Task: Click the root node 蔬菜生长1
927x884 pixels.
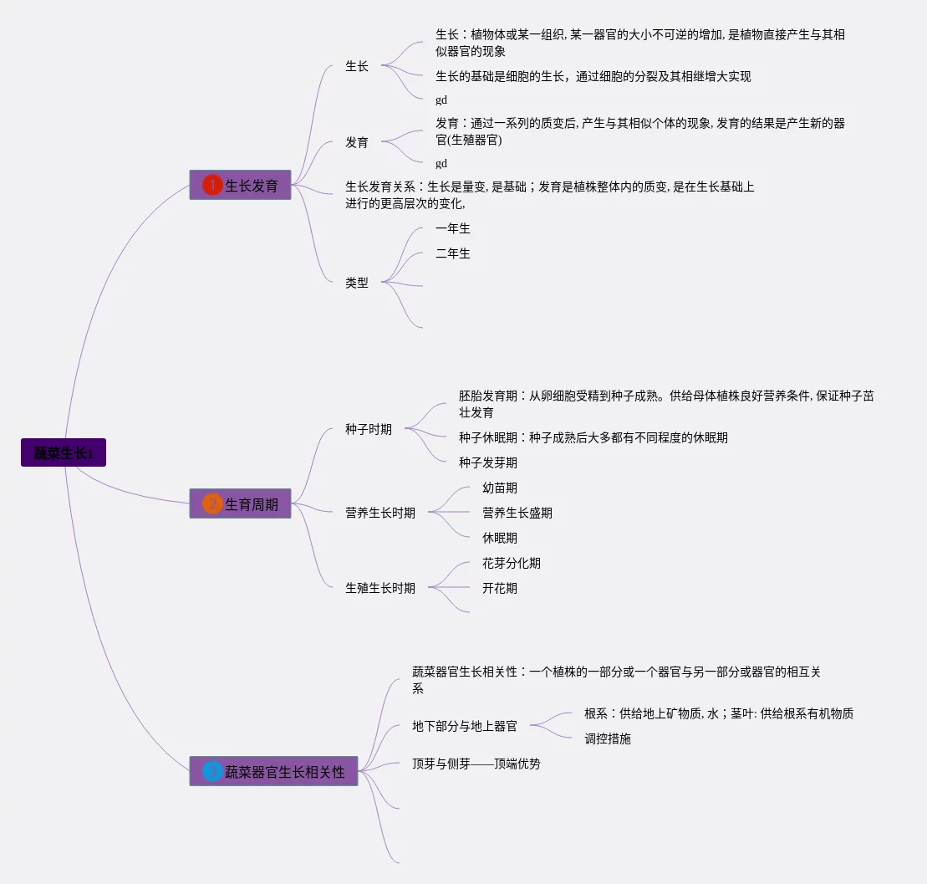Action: click(64, 453)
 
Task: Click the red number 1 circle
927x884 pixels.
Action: click(212, 185)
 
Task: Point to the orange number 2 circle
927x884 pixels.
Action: click(212, 504)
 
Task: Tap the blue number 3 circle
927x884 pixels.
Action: click(212, 772)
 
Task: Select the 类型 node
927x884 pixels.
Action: click(357, 283)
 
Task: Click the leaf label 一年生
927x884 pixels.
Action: click(453, 228)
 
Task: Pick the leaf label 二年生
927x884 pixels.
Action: click(453, 253)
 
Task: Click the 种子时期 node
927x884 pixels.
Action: click(369, 429)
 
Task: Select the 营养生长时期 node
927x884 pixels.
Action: click(380, 513)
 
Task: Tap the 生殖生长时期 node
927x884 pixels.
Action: click(380, 588)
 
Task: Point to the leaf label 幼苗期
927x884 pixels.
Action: click(500, 488)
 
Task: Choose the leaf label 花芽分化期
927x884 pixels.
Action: click(512, 563)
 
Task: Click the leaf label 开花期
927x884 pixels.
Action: click(500, 588)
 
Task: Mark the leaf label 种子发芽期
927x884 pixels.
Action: click(488, 462)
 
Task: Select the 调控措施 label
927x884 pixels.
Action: click(608, 738)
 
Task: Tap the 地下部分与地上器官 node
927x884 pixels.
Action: click(465, 726)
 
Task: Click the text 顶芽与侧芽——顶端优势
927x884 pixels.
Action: click(476, 764)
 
